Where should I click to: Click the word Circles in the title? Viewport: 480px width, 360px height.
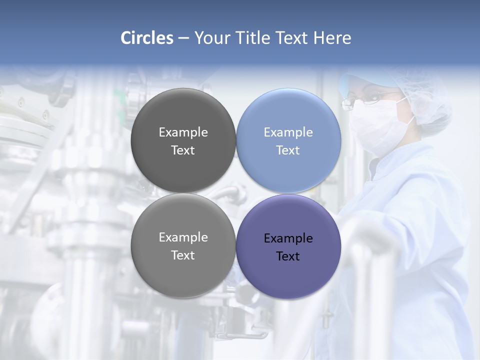147,38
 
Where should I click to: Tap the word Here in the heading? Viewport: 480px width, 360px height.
332,38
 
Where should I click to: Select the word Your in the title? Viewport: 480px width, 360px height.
212,38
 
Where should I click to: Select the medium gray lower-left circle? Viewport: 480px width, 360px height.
183,275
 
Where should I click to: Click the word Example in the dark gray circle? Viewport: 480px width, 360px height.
183,132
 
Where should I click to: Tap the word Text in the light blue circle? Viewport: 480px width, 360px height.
288,150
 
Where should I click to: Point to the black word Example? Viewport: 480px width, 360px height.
288,238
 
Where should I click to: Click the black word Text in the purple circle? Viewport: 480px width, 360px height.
288,256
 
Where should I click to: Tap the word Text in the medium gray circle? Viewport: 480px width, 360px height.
183,255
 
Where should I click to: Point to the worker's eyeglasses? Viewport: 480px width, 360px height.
367,100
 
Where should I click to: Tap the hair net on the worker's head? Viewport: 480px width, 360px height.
425,97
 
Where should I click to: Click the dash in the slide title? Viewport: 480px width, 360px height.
183,38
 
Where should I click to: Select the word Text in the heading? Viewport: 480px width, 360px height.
291,38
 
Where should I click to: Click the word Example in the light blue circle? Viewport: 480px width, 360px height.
288,132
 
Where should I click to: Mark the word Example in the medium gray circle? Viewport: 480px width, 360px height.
183,237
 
